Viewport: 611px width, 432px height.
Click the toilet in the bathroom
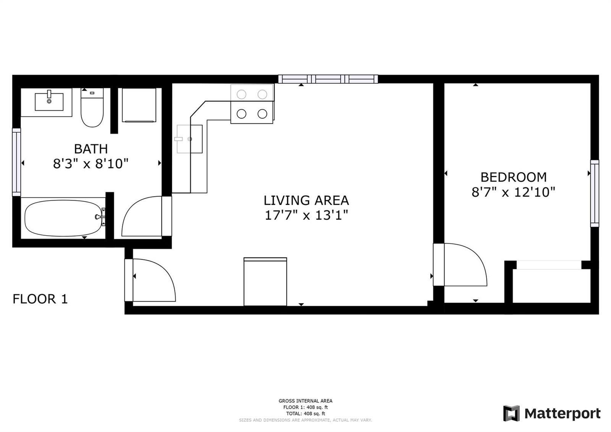(x=92, y=107)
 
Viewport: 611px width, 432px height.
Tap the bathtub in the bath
(x=63, y=218)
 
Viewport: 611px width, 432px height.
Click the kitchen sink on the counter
(x=189, y=139)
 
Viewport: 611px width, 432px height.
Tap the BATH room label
(x=91, y=149)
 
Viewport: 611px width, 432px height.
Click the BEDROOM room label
(x=514, y=177)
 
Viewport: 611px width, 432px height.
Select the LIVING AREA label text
(x=306, y=200)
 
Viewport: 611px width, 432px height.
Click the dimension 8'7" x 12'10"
(x=513, y=192)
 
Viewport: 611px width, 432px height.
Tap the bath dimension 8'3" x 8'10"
(x=91, y=164)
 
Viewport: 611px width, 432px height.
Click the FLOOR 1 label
(x=40, y=299)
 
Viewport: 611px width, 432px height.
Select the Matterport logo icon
(x=511, y=413)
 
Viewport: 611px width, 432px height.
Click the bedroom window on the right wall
(x=595, y=193)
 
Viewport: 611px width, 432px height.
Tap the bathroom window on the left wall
(x=16, y=162)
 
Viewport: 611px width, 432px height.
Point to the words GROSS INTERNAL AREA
(x=305, y=401)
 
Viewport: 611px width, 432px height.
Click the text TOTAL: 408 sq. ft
(x=305, y=413)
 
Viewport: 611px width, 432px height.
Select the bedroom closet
(x=551, y=285)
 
